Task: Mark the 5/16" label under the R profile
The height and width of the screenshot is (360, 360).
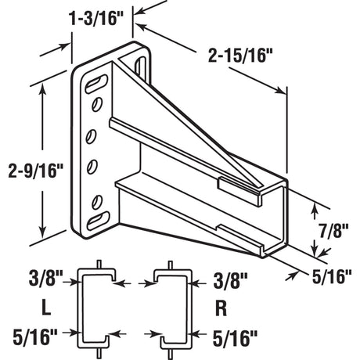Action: pyautogui.click(x=232, y=337)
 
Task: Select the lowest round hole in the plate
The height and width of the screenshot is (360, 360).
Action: pyautogui.click(x=99, y=196)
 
